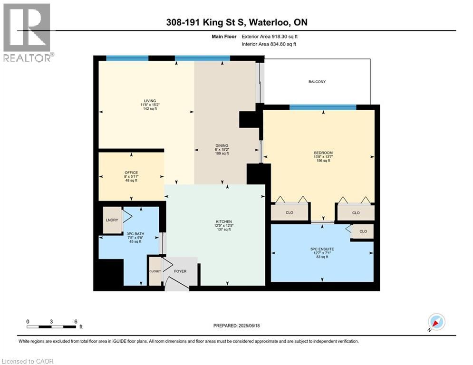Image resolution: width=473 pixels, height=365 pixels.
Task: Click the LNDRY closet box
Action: click(112, 220)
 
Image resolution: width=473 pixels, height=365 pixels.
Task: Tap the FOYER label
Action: click(180, 271)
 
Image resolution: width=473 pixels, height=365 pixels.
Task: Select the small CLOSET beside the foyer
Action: click(155, 271)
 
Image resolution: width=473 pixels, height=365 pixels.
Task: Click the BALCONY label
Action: click(317, 82)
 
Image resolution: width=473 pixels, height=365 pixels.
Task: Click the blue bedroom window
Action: click(323, 107)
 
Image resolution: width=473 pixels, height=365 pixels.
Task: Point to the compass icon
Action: click(436, 322)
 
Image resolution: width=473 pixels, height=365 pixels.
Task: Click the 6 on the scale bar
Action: click(76, 321)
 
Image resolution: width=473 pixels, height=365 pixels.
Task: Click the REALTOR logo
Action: click(27, 32)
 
